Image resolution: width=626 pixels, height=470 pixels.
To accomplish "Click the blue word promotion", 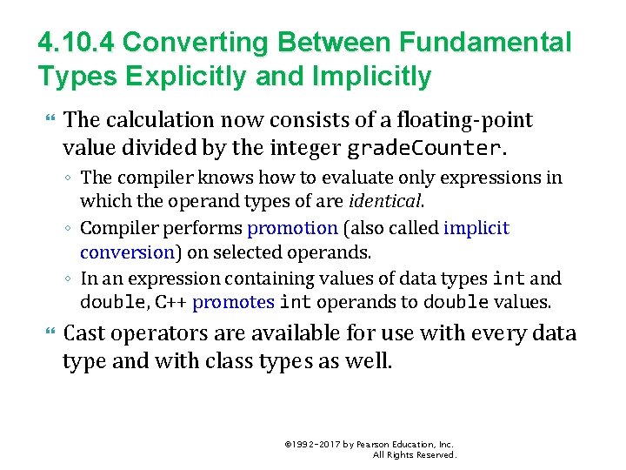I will click(292, 228).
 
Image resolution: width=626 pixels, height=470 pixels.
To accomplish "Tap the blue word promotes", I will click(232, 303).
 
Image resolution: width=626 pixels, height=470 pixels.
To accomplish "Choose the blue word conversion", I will click(127, 252).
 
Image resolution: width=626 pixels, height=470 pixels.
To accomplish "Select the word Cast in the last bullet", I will click(84, 334).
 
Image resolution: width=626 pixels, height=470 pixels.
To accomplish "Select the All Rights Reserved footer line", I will click(414, 455).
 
